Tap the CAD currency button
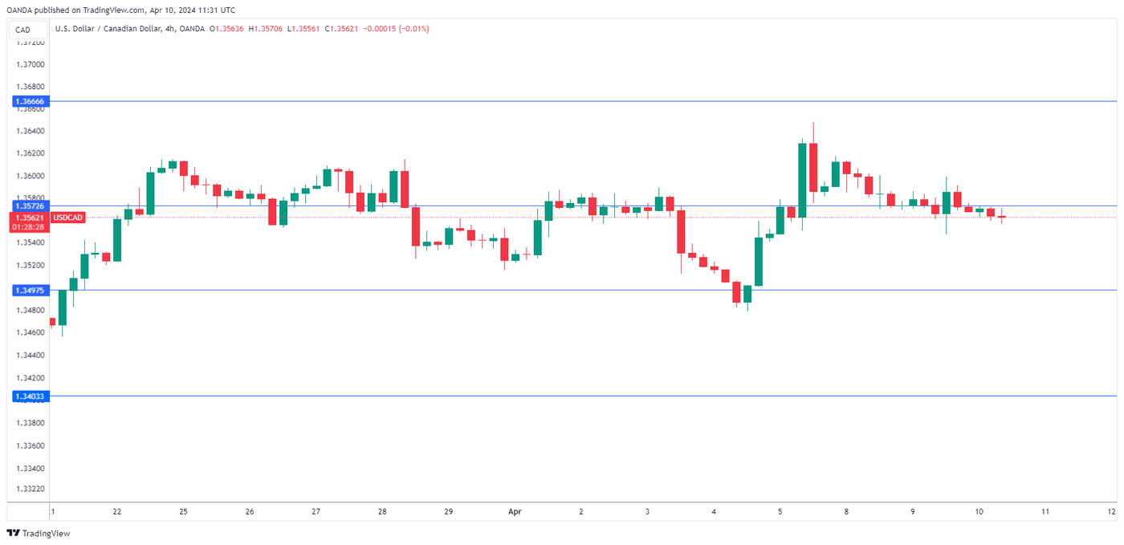[22, 31]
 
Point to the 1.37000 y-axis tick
[31, 63]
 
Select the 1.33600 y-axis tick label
[31, 445]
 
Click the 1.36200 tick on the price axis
[31, 153]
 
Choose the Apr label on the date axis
[514, 511]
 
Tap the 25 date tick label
[183, 511]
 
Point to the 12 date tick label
[1111, 511]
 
